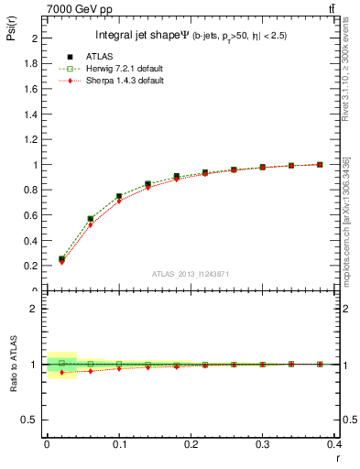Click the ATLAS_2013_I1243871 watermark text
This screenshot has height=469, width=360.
click(x=191, y=274)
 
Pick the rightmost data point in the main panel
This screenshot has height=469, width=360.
click(x=320, y=164)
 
